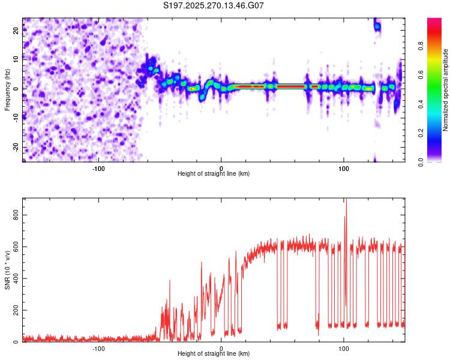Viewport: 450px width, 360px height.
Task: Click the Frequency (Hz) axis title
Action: click(x=7, y=89)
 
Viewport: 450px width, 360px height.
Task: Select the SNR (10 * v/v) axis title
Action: click(x=7, y=270)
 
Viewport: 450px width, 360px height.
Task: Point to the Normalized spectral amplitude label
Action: click(x=445, y=90)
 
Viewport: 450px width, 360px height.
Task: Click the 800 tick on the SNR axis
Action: click(x=17, y=214)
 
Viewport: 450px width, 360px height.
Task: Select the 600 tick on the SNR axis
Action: click(x=17, y=246)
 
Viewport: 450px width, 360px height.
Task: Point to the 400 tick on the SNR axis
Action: click(x=17, y=278)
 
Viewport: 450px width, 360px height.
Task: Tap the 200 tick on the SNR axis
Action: click(x=17, y=310)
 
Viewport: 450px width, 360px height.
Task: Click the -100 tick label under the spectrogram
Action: click(x=98, y=167)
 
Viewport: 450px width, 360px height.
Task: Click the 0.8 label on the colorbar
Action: click(x=436, y=46)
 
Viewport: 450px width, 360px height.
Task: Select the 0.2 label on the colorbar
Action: click(x=436, y=133)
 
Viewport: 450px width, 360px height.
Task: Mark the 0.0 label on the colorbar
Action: click(x=436, y=161)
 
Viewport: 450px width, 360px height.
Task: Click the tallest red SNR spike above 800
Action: click(x=346, y=200)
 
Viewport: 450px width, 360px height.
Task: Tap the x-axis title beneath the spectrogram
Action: click(x=214, y=173)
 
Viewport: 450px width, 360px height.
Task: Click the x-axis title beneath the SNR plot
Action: click(x=214, y=354)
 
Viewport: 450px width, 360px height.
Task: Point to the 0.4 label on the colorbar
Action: click(x=436, y=104)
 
